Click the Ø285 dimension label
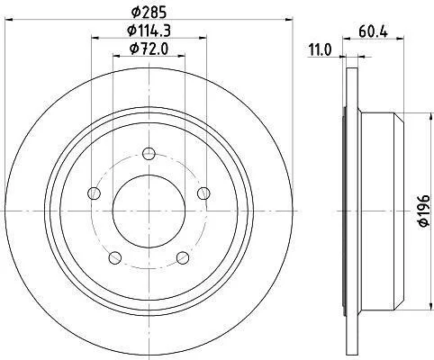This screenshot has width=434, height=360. tap(149, 13)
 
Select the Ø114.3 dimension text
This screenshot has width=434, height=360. tap(149, 31)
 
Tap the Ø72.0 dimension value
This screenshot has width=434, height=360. tap(149, 49)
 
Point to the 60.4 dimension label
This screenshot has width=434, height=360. tap(373, 31)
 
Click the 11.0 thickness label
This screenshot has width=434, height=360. tap(321, 49)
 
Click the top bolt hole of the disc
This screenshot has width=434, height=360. tap(149, 154)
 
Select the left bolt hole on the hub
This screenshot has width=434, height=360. tap(94, 193)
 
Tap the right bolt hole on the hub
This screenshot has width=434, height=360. tap(203, 193)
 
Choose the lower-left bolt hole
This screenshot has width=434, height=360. tap(115, 257)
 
